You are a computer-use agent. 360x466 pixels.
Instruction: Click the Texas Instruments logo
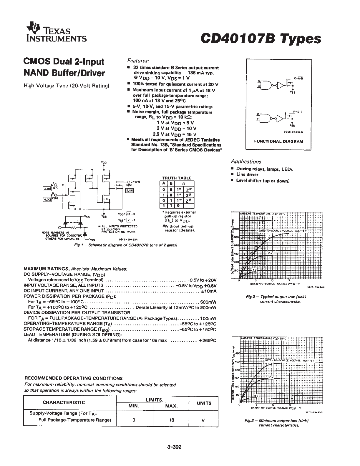pyautogui.click(x=56, y=32)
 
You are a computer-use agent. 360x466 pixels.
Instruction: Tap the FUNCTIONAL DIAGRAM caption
pyautogui.click(x=278, y=141)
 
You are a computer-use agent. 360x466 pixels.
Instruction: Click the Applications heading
pyautogui.click(x=246, y=162)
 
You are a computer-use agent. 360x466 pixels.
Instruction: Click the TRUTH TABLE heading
pyautogui.click(x=177, y=178)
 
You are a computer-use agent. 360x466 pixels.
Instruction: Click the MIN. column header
pyautogui.click(x=134, y=406)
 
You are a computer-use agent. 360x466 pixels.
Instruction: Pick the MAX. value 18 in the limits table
pyautogui.click(x=172, y=420)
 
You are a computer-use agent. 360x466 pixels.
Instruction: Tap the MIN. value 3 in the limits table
pyautogui.click(x=134, y=420)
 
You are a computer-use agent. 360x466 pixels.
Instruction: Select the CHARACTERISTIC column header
pyautogui.click(x=64, y=402)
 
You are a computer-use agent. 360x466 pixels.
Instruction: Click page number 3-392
pyautogui.click(x=174, y=447)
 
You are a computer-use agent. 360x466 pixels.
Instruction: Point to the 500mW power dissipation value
pyautogui.click(x=208, y=302)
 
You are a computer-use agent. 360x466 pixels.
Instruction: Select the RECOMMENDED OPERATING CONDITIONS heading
pyautogui.click(x=73, y=378)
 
